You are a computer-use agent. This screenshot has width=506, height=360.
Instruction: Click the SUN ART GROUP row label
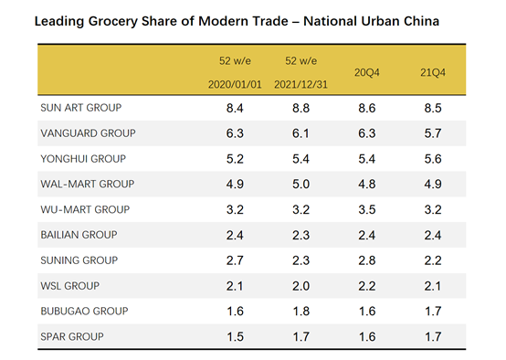click(81, 108)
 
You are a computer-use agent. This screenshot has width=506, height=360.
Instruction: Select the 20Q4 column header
click(367, 70)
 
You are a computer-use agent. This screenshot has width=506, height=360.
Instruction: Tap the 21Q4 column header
click(433, 70)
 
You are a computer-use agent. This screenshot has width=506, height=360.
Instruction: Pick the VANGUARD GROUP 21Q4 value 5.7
click(433, 133)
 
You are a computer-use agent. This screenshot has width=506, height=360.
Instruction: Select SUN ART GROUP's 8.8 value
click(301, 108)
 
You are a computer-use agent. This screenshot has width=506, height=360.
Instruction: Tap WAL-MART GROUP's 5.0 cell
click(301, 184)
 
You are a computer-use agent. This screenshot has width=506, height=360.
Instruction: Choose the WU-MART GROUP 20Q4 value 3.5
click(367, 209)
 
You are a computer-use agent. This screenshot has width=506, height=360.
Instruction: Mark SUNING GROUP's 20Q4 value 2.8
click(367, 260)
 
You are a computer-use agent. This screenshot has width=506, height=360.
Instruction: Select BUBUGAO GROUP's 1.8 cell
click(301, 312)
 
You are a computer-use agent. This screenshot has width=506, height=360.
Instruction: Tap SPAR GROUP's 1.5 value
click(235, 337)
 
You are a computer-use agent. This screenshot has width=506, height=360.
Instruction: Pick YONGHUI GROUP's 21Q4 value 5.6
click(433, 158)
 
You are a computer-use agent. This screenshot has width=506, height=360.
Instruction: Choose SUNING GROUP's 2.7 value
click(235, 260)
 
